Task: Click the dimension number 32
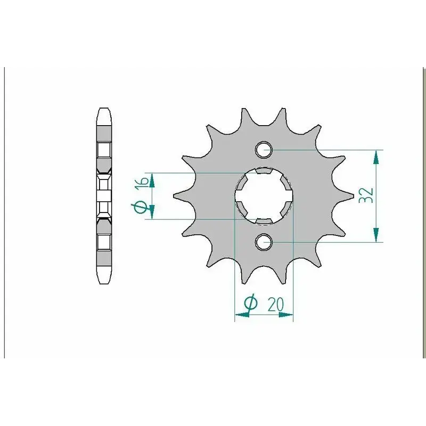coord(366,195)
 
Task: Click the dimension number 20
coord(276,305)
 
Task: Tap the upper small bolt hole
coord(264,150)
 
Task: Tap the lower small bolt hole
coord(264,242)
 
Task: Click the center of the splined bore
coord(264,196)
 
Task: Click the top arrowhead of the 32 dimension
coord(376,157)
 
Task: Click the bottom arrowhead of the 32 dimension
coord(376,235)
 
